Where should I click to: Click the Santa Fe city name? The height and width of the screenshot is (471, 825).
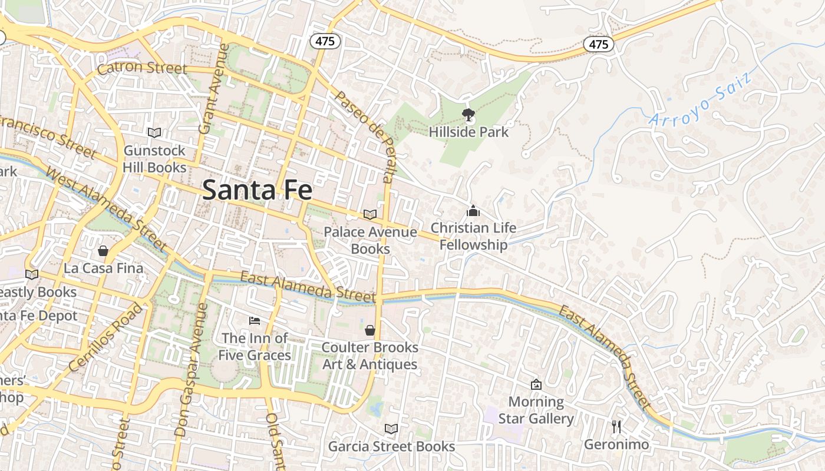point(257,190)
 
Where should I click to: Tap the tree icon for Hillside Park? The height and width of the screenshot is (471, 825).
point(468,114)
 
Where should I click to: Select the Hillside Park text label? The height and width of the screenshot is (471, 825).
point(468,132)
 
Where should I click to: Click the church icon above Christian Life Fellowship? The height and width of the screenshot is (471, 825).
point(473,211)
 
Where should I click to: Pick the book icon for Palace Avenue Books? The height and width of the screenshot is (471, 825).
point(370,215)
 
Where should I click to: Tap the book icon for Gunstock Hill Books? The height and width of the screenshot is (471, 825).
point(154,133)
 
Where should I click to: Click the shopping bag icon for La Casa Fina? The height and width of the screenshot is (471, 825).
point(103,251)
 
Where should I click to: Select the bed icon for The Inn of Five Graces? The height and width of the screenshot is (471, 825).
point(255,321)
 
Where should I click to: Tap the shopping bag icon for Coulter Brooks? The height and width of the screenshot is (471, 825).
point(370,330)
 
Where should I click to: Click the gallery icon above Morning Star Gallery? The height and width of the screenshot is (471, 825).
point(536,384)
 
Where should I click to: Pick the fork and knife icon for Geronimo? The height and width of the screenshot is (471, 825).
point(616,427)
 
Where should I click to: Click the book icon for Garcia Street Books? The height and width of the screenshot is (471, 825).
point(391,429)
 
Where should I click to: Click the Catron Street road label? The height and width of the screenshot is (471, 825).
point(142,68)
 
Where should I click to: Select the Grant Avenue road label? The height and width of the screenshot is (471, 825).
point(212,88)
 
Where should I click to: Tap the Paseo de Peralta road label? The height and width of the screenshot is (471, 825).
point(364,135)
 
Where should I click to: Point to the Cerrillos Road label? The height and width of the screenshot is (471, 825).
point(106,337)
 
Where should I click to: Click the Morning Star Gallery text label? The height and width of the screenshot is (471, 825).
point(536,410)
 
